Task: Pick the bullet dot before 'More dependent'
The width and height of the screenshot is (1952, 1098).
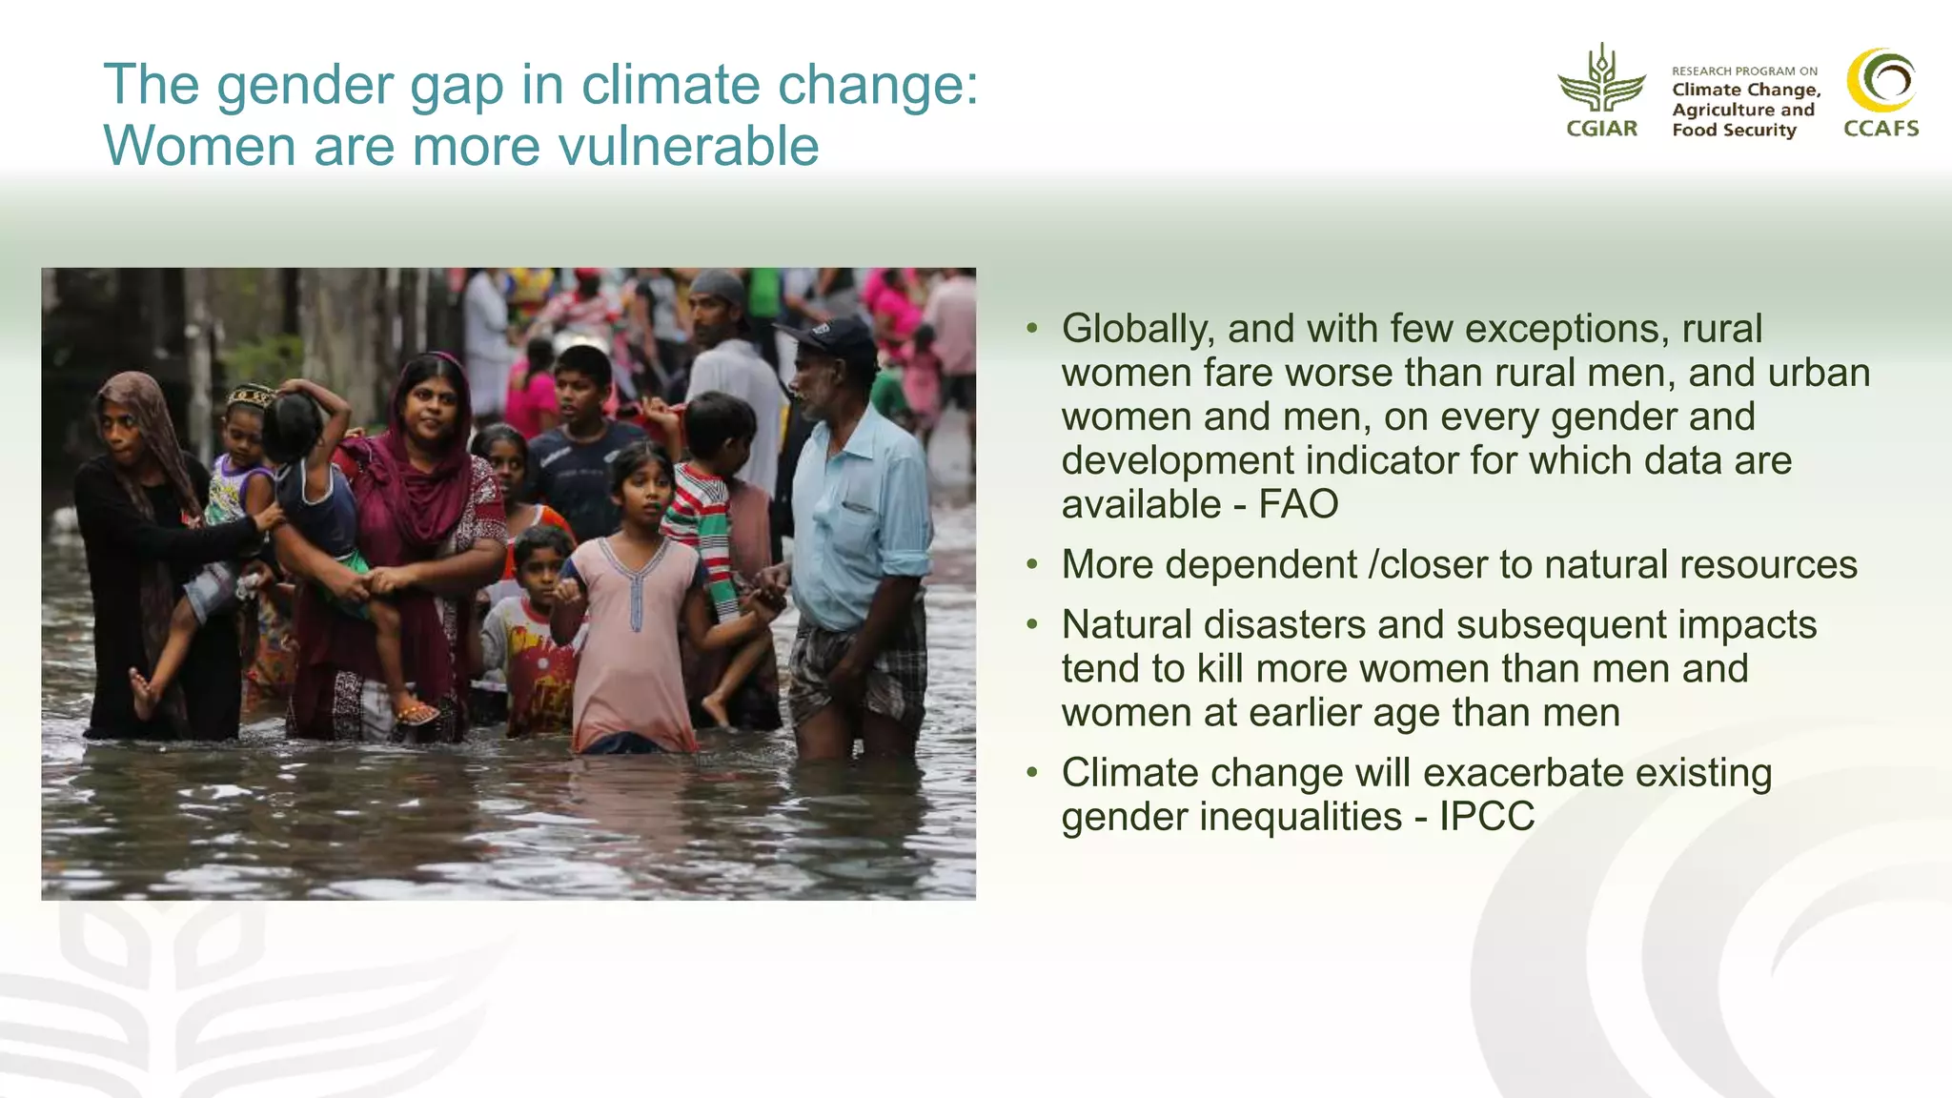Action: tap(1031, 565)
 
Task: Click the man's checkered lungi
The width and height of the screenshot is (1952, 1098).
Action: tap(858, 667)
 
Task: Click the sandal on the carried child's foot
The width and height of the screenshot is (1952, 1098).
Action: tap(417, 712)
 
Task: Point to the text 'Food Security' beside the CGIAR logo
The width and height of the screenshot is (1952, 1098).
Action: tap(1734, 131)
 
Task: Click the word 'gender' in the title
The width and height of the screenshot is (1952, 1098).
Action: tap(305, 85)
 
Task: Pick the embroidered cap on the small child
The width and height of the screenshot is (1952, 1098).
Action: tap(250, 394)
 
